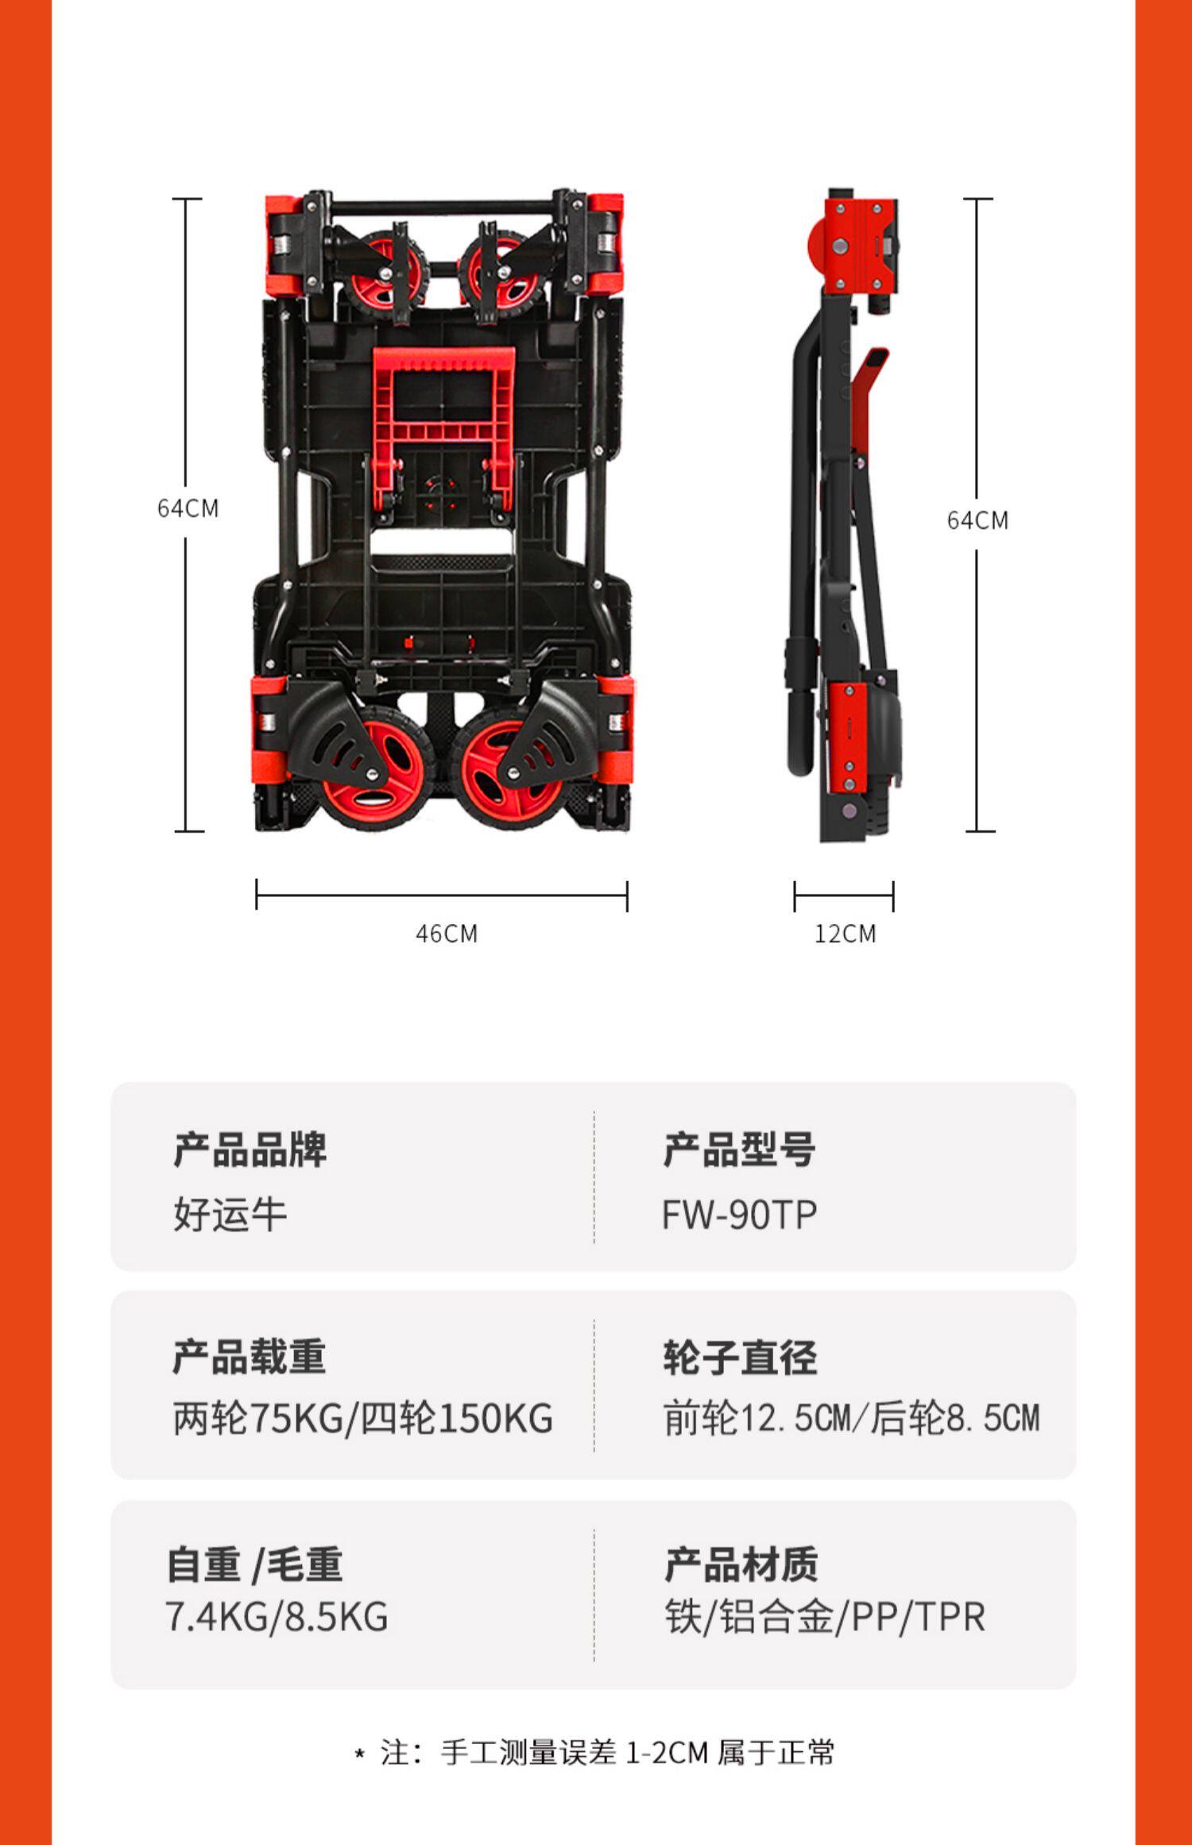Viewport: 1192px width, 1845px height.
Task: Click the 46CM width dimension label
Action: pyautogui.click(x=447, y=933)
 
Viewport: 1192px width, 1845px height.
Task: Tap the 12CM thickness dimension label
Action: pyautogui.click(x=845, y=933)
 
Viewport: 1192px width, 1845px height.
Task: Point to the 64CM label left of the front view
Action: pyautogui.click(x=188, y=509)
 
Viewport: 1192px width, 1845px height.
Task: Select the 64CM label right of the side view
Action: pyautogui.click(x=977, y=520)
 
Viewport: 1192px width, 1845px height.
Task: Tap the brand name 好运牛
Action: pyautogui.click(x=230, y=1214)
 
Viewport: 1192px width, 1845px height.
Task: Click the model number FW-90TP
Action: pyautogui.click(x=739, y=1215)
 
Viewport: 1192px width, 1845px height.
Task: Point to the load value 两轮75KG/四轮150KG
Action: pyautogui.click(x=362, y=1418)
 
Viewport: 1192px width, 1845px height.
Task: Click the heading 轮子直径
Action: pyautogui.click(x=740, y=1357)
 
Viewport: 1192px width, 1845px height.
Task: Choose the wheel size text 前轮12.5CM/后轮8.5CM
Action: pyautogui.click(x=851, y=1418)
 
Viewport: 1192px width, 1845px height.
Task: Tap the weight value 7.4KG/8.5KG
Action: pyautogui.click(x=277, y=1617)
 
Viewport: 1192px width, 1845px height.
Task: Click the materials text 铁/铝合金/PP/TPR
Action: pyautogui.click(x=825, y=1617)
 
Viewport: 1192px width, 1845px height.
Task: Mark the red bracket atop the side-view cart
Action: pyautogui.click(x=858, y=242)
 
